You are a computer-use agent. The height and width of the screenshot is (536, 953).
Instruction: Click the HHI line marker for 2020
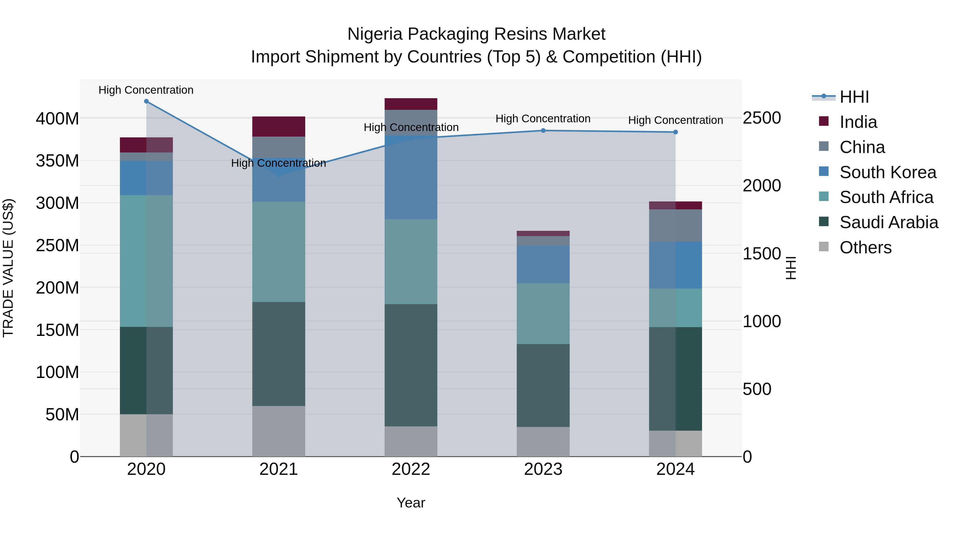(x=146, y=101)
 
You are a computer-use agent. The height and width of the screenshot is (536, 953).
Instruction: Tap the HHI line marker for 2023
(x=543, y=130)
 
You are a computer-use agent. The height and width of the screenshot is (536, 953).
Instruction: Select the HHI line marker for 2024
(x=676, y=132)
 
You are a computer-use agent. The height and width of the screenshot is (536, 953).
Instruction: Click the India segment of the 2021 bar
(x=278, y=127)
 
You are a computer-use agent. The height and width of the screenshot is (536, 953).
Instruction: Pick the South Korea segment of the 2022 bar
(x=411, y=178)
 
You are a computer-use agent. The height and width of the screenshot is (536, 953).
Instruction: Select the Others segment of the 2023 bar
(x=543, y=442)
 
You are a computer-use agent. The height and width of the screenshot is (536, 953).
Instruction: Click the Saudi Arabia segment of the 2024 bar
(x=676, y=379)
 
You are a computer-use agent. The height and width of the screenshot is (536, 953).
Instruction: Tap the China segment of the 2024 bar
(x=676, y=226)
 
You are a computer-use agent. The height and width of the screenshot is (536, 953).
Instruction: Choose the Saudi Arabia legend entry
(x=889, y=222)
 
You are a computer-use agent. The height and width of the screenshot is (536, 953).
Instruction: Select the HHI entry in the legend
(x=854, y=97)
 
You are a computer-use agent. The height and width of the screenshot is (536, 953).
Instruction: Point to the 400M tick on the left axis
(x=57, y=119)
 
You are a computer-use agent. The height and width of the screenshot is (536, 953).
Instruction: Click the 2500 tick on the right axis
(x=762, y=118)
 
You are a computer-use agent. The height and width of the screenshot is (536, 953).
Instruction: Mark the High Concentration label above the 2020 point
(x=146, y=90)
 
